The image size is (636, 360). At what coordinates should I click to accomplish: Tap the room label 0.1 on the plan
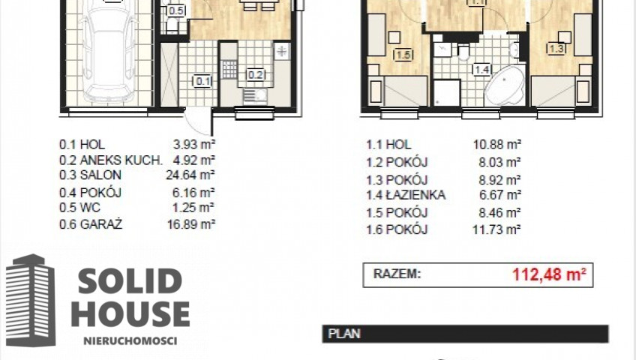203,82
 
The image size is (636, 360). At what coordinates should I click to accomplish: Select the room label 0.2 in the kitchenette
256,74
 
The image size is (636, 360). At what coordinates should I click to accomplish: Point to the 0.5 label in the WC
176,10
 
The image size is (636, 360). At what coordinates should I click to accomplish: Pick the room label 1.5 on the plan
403,54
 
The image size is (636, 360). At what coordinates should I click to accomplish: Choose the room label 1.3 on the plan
556,49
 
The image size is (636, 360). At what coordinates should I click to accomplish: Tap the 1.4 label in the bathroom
481,70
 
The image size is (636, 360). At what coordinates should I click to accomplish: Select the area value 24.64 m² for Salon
190,175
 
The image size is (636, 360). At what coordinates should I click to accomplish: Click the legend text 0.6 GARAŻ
91,224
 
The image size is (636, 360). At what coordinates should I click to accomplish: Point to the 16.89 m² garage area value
191,224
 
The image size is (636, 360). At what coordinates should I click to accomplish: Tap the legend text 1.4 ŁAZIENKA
406,195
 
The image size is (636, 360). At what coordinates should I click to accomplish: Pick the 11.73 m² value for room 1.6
496,229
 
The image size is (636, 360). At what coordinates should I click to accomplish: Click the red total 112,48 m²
549,274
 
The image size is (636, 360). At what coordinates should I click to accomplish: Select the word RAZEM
397,274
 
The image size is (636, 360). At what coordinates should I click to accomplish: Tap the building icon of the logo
31,301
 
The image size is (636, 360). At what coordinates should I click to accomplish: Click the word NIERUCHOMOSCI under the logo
130,340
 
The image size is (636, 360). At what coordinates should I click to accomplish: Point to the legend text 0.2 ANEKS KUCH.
111,160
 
